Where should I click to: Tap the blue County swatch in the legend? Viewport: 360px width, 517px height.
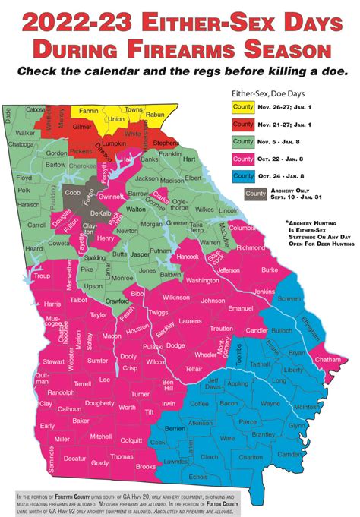tap(242, 175)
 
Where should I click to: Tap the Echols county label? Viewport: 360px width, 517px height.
tap(198, 476)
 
